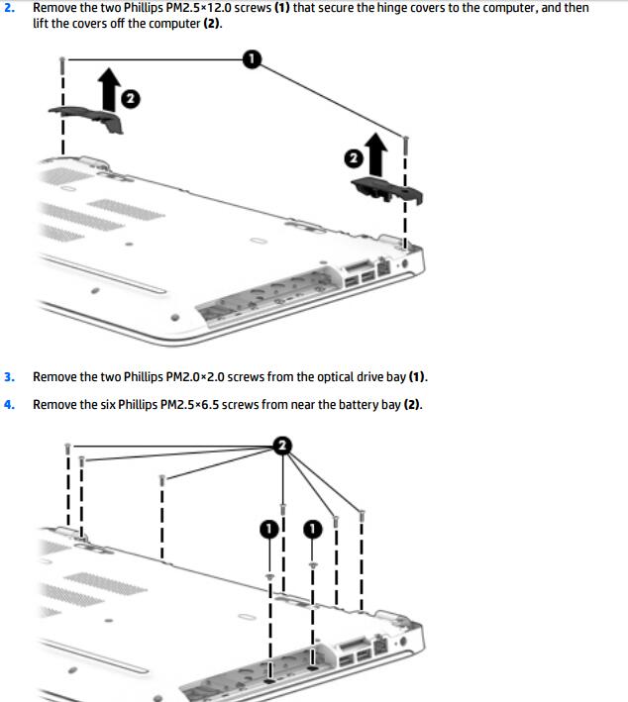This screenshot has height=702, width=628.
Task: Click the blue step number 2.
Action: click(9, 8)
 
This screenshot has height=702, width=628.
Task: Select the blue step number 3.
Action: click(9, 377)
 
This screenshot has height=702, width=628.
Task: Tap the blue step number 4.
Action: click(9, 405)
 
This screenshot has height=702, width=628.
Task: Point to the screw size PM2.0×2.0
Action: click(195, 377)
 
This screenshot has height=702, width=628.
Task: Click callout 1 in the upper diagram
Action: click(252, 59)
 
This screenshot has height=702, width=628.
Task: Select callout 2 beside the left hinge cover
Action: click(131, 98)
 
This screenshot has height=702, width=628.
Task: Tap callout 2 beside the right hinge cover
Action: click(354, 158)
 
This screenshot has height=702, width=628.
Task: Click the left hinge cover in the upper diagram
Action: click(87, 118)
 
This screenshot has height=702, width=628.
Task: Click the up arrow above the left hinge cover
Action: click(109, 89)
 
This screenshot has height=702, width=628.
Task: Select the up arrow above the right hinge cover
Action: click(375, 153)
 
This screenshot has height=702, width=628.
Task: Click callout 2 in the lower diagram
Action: click(282, 446)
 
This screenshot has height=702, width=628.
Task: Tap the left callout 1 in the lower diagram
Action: click(269, 529)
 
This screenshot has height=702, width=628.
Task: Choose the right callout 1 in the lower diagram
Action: click(313, 529)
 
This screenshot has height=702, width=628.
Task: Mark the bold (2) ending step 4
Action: click(412, 405)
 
